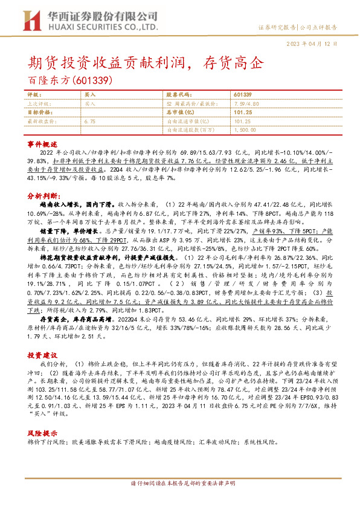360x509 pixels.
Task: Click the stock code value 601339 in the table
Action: pos(242,96)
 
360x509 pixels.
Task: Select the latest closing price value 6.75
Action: pos(91,122)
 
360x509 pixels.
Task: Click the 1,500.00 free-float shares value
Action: pos(245,129)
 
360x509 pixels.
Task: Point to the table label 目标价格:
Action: pos(40,112)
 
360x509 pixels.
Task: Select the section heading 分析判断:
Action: pos(43,196)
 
